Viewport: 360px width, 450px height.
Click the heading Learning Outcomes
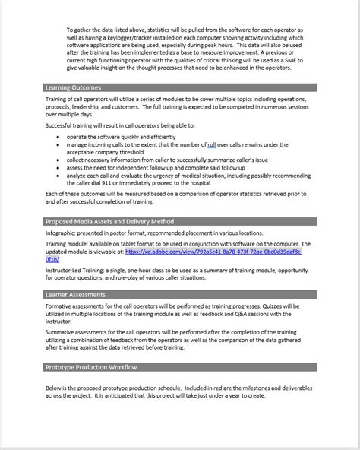[73, 88]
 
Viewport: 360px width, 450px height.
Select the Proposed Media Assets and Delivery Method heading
[109, 221]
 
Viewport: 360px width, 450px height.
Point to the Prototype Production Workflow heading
[92, 367]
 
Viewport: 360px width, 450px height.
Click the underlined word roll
[212, 144]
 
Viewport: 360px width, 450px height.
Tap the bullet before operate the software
[59, 136]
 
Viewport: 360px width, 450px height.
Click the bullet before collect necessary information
[59, 160]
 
